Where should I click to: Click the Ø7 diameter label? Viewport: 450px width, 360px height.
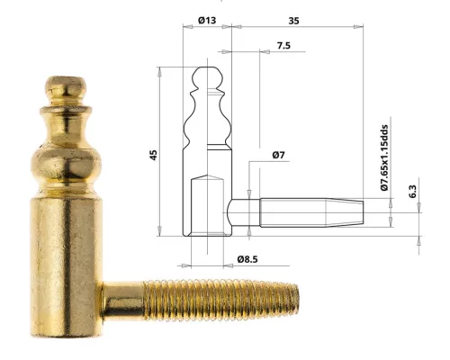click(278, 156)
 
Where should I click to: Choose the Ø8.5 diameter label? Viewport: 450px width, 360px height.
click(248, 260)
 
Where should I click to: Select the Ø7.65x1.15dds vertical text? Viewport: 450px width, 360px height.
click(383, 158)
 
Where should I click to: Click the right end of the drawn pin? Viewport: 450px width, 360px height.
click(364, 210)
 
